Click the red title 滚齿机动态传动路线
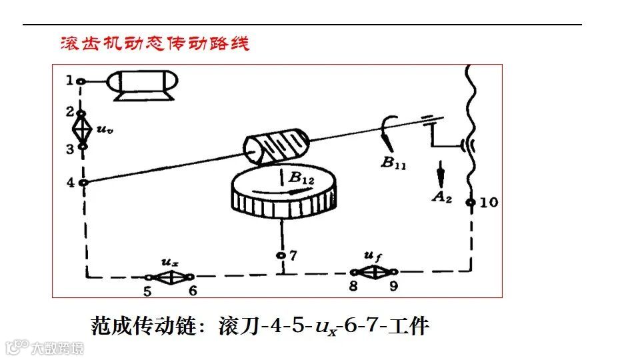(155, 43)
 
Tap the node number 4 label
(70, 181)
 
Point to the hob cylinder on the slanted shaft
(275, 146)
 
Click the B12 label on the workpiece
(301, 177)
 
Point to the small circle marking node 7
(282, 255)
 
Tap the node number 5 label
(147, 290)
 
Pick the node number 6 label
(193, 290)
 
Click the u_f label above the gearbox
(372, 256)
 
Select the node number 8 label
(353, 286)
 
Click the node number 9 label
(393, 286)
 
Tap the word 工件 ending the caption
(411, 327)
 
